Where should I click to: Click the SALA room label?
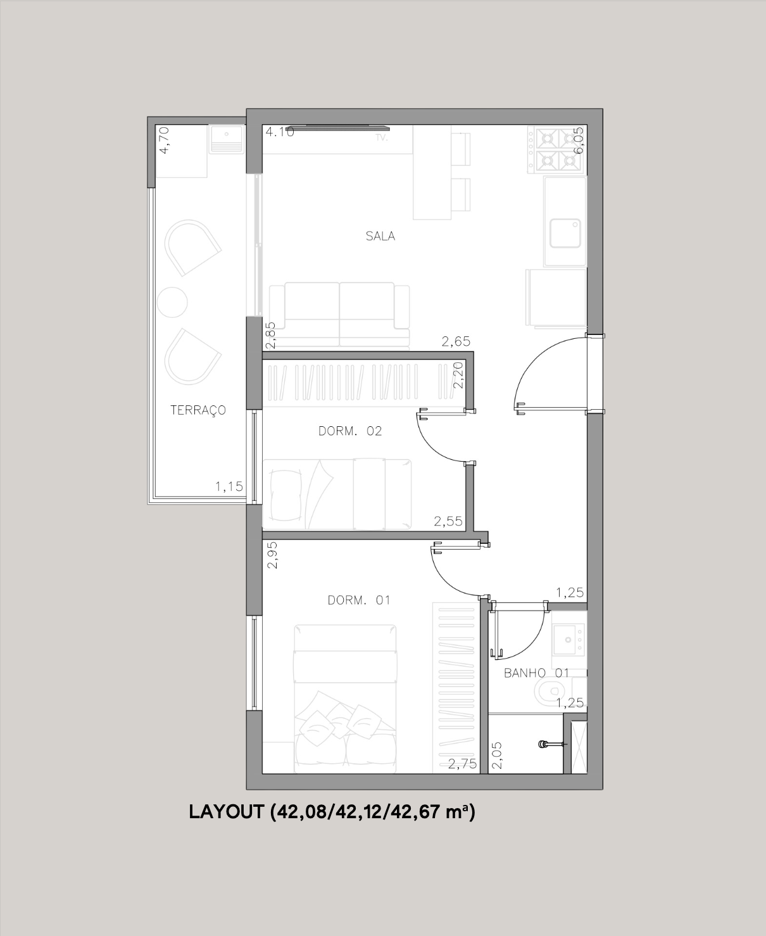point(380,236)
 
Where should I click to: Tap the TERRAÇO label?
point(198,410)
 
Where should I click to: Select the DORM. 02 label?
point(350,431)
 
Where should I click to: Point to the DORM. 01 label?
point(359,600)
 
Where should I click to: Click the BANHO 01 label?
point(536,673)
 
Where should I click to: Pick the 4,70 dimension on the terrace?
point(164,140)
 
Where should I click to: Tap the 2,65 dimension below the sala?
point(456,342)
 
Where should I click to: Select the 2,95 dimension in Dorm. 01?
point(272,555)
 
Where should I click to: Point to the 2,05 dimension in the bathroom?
point(498,756)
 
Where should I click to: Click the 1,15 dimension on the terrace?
point(229,487)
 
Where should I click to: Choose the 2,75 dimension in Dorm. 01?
point(462,764)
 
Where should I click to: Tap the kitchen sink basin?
point(565,234)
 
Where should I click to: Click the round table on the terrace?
point(172,302)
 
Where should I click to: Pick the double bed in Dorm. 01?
point(344,699)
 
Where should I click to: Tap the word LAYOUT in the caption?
point(226,813)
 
